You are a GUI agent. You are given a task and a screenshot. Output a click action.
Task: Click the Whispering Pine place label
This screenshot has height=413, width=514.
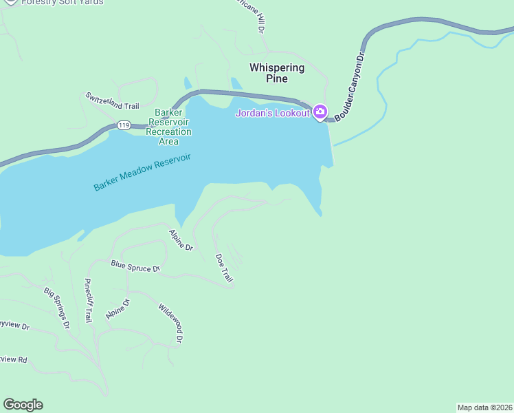point(277,73)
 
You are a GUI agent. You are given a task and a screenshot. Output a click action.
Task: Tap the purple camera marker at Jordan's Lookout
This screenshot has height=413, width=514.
point(320,112)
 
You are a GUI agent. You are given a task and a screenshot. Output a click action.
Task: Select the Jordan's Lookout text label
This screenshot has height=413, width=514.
point(273,113)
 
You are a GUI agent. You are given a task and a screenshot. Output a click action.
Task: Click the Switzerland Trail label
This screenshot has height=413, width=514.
point(112,100)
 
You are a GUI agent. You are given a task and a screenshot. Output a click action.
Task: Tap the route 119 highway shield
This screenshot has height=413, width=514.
point(123,125)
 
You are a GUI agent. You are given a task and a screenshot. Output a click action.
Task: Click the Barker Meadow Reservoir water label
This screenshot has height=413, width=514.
point(142,173)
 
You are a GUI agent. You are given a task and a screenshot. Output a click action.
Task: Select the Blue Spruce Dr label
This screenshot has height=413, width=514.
point(135,266)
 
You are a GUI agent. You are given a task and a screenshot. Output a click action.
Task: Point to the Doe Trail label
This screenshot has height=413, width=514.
point(224,268)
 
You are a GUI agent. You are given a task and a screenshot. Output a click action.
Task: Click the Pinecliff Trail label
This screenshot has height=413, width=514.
point(87,301)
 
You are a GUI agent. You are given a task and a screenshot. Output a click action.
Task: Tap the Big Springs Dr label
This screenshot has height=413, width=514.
point(57,308)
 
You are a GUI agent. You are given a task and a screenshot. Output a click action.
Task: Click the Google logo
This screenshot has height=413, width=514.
point(23,405)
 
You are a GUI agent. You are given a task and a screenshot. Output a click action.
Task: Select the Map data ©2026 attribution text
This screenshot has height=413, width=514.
point(484,407)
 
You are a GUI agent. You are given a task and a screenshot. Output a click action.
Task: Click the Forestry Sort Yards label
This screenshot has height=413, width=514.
point(62,2)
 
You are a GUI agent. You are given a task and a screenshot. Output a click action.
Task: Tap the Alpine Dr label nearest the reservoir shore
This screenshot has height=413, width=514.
point(181,240)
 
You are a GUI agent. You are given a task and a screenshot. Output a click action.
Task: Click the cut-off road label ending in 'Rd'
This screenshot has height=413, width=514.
point(13,360)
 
